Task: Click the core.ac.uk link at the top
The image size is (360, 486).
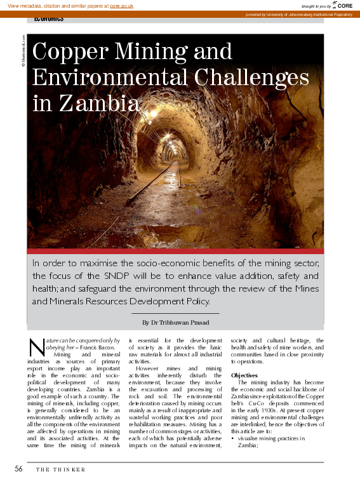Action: [x=122, y=5]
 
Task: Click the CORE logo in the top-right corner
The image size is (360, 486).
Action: [x=343, y=5]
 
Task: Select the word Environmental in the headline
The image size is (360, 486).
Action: [x=100, y=78]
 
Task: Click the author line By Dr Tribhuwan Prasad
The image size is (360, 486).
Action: [x=176, y=323]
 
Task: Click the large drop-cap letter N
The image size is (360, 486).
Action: [x=36, y=347]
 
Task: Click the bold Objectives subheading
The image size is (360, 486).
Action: [x=244, y=375]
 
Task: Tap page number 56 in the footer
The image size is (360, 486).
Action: [x=19, y=469]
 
